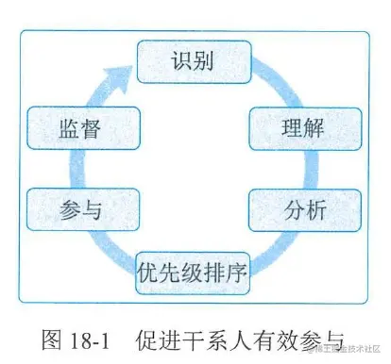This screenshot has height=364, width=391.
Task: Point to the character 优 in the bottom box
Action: [148, 276]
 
